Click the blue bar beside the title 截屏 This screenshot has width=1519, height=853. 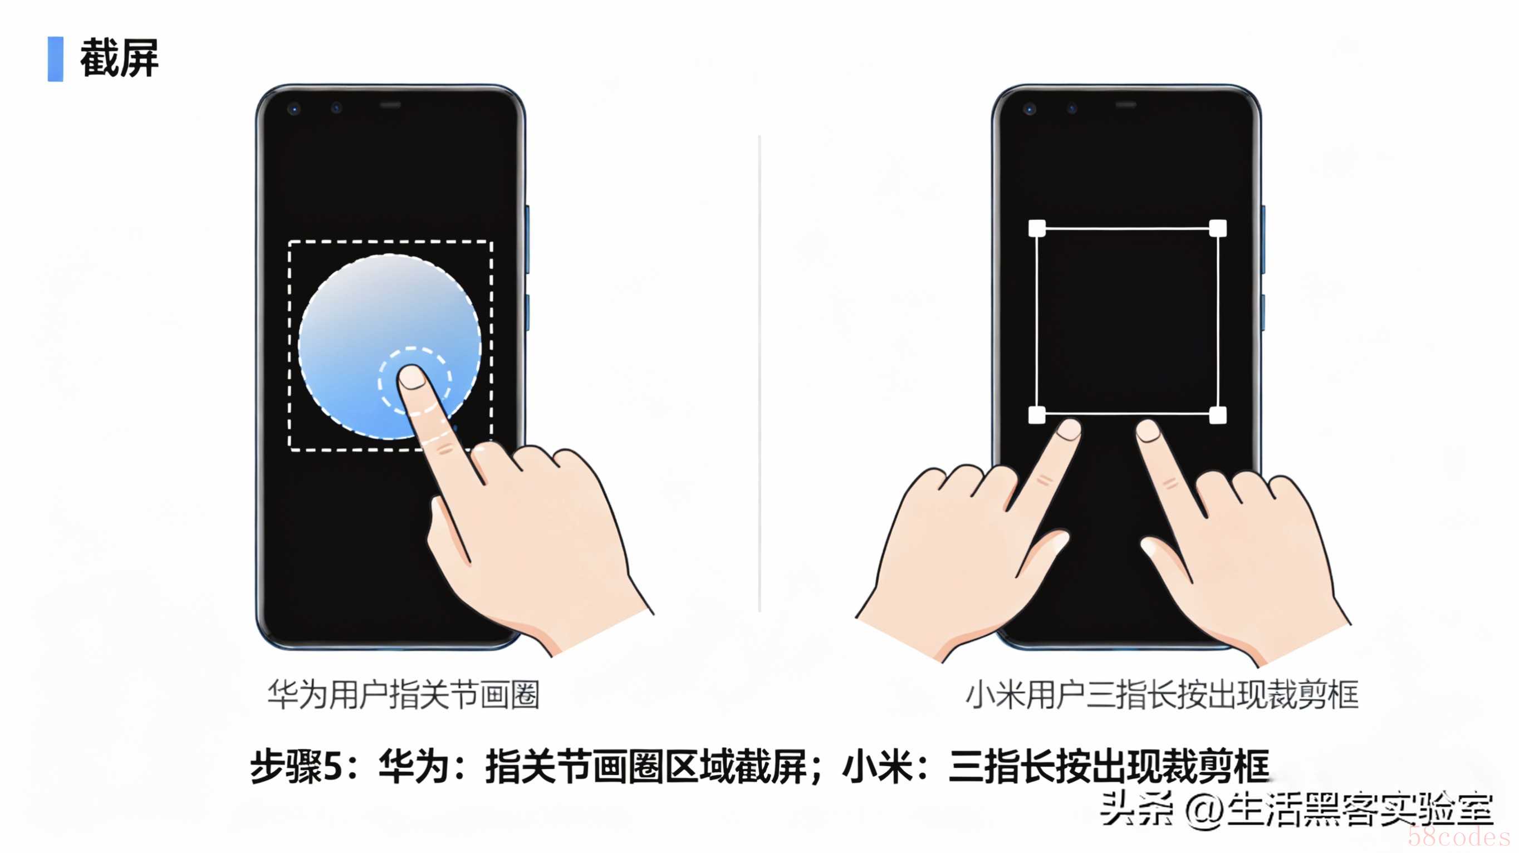[56, 59]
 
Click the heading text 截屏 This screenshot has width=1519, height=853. [119, 58]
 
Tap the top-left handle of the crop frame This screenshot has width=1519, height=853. [1037, 228]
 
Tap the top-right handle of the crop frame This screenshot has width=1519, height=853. [1218, 228]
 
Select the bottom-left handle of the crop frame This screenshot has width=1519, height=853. [1037, 415]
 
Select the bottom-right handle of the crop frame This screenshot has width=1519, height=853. [1218, 415]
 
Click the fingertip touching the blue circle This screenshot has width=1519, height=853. [412, 378]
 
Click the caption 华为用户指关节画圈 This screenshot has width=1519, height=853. [404, 694]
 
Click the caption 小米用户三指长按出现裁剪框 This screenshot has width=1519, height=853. [1162, 694]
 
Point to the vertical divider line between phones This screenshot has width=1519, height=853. [759, 374]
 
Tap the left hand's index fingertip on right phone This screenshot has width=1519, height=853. [1069, 429]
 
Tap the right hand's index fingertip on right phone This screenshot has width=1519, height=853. [1148, 430]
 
